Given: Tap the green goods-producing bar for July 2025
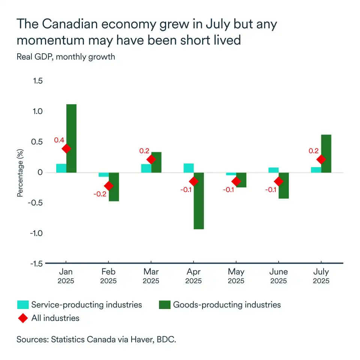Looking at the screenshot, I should pos(326,153).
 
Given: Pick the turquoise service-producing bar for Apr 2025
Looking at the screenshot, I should pos(189,168).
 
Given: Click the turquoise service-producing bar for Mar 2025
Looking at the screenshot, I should pos(146,168).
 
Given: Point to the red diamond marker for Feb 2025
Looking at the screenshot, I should pos(109,186).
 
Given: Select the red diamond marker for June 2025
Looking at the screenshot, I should pos(279,181).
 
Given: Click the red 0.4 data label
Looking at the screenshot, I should pos(59,140).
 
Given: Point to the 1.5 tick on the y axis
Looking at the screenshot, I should pos(38,81).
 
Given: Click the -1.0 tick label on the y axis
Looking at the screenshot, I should pos(36,233).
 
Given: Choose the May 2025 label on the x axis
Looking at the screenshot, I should pos(236,276).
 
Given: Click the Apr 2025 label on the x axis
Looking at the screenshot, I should pos(193,276).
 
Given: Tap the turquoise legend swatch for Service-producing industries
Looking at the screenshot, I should pos(22,304).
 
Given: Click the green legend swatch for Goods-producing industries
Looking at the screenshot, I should pos(164,304).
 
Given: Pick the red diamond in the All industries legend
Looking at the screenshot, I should pos(22,318).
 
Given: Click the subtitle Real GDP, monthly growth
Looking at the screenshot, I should pos(66,57).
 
